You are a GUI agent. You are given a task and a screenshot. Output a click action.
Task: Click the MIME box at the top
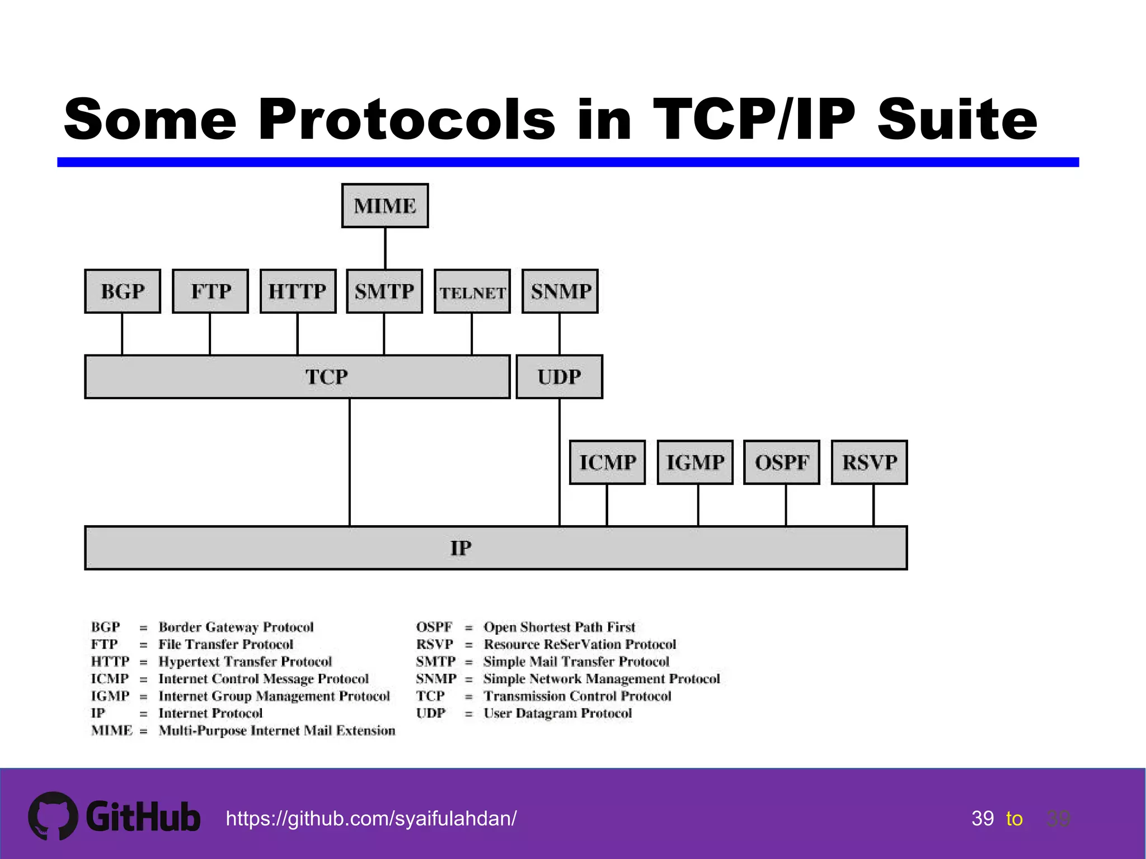point(385,206)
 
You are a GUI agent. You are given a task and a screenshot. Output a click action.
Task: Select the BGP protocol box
point(123,291)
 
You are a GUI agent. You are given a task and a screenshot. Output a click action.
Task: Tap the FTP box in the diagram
point(210,291)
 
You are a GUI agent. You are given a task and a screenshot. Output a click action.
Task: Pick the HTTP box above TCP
point(298,291)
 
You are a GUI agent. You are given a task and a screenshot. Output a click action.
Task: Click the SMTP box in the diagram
point(384,291)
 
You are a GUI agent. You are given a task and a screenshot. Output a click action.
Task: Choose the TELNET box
point(472,292)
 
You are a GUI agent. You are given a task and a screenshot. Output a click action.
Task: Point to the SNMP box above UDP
point(560,291)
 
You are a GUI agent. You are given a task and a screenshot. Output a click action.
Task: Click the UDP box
point(560,377)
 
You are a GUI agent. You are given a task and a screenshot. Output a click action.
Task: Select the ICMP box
point(607,462)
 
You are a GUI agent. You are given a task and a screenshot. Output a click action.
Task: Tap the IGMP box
point(695,462)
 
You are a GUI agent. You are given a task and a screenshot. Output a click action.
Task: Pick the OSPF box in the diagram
point(782,462)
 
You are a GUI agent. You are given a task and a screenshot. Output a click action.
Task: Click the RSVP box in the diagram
point(870,462)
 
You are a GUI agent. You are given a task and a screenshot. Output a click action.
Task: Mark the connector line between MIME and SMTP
point(385,248)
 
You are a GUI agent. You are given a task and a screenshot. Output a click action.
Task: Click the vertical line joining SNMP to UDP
point(560,334)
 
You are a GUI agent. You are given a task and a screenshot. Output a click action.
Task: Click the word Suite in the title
point(957,119)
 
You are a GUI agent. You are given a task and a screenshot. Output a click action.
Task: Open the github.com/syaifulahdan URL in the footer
point(371,819)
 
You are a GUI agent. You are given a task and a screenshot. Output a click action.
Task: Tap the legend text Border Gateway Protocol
point(236,627)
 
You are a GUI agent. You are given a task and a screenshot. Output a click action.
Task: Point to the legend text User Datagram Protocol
point(557,714)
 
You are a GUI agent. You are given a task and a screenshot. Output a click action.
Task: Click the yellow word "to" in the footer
point(1014,819)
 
